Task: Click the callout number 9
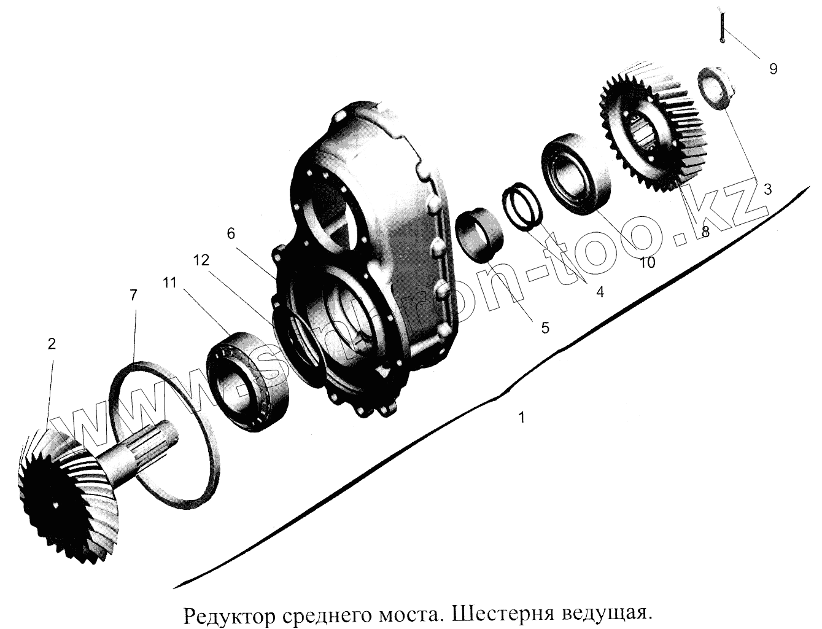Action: click(x=773, y=69)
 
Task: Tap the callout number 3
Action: click(x=767, y=190)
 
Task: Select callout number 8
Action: click(x=705, y=232)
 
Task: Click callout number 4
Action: click(x=600, y=292)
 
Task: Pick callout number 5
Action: click(x=545, y=327)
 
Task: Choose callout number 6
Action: click(x=230, y=234)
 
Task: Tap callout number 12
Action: click(x=200, y=260)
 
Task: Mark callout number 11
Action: click(x=169, y=283)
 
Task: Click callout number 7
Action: click(x=133, y=295)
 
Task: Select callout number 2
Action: click(x=52, y=344)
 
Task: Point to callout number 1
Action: click(x=521, y=418)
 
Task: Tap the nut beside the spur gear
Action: click(x=715, y=90)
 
